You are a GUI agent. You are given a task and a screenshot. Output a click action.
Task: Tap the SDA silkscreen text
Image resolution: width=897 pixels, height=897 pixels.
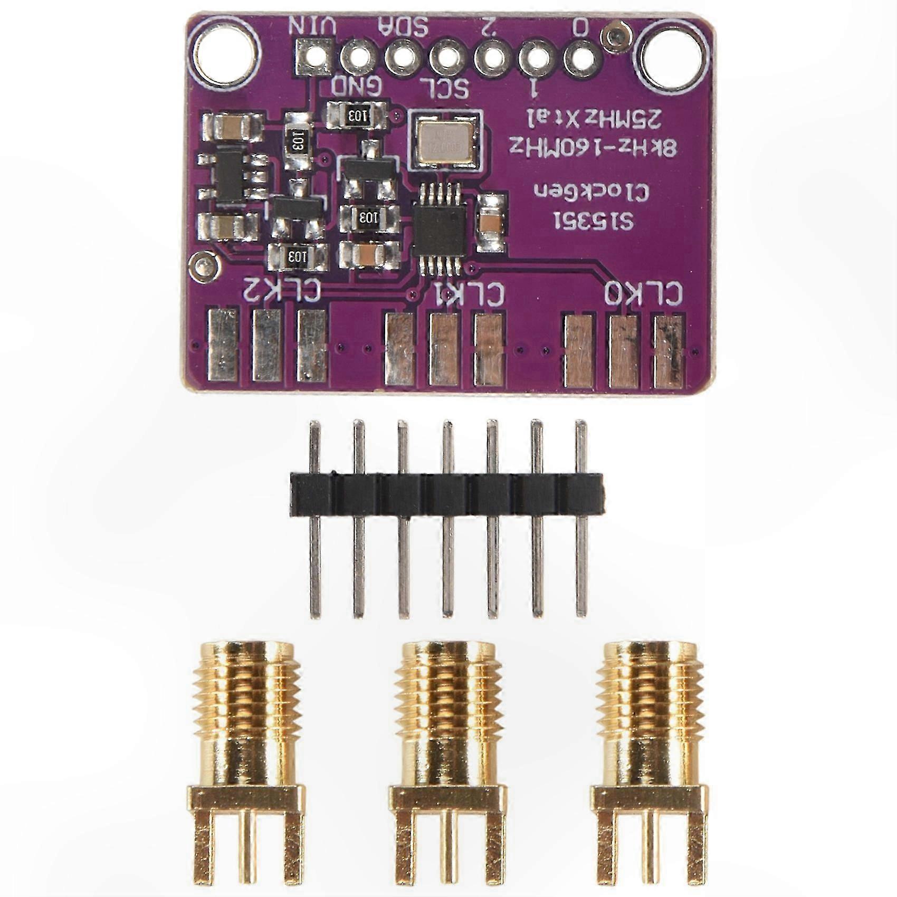404,25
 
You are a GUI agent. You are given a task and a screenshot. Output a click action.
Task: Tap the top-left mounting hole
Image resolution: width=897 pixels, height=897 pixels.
228,53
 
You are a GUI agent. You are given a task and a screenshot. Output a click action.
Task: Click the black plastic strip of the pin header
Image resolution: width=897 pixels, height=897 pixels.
446,494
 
